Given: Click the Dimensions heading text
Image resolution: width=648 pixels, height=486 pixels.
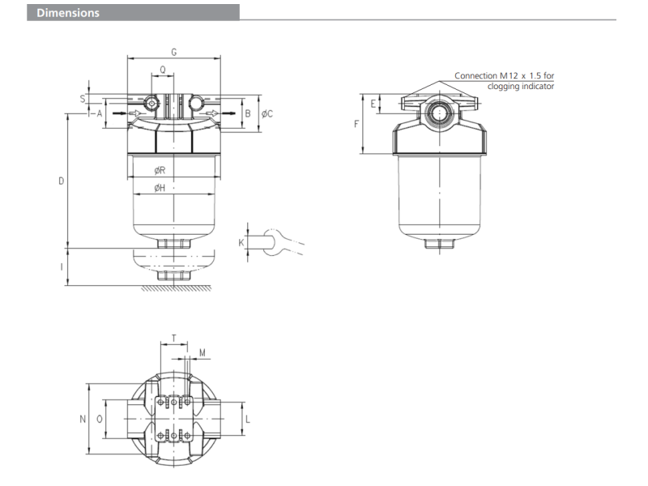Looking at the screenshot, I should pyautogui.click(x=67, y=13).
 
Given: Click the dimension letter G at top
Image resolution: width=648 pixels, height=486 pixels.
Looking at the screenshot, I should pyautogui.click(x=174, y=52).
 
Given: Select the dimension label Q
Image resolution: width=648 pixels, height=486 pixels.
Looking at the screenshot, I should pyautogui.click(x=164, y=70).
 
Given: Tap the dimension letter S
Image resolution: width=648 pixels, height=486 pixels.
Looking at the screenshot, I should pyautogui.click(x=83, y=97).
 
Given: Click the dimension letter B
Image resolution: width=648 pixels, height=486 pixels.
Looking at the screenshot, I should pyautogui.click(x=248, y=113).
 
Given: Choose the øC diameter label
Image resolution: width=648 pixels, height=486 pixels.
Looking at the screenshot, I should pyautogui.click(x=267, y=113).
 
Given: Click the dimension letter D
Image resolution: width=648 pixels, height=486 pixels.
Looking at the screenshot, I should pyautogui.click(x=61, y=181).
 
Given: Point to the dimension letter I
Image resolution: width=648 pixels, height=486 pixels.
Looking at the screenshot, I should pyautogui.click(x=62, y=266).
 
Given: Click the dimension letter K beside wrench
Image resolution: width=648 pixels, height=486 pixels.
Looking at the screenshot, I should pyautogui.click(x=241, y=241).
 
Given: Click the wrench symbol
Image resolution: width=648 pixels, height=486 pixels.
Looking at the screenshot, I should pyautogui.click(x=275, y=241).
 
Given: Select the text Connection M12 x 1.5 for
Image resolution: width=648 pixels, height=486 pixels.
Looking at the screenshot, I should pyautogui.click(x=504, y=76).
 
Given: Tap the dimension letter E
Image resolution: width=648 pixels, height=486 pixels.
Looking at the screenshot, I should pyautogui.click(x=373, y=104).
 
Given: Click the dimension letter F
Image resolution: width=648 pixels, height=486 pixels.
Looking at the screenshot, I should pyautogui.click(x=356, y=124).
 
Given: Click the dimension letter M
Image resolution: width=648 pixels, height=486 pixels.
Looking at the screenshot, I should pyautogui.click(x=202, y=352).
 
